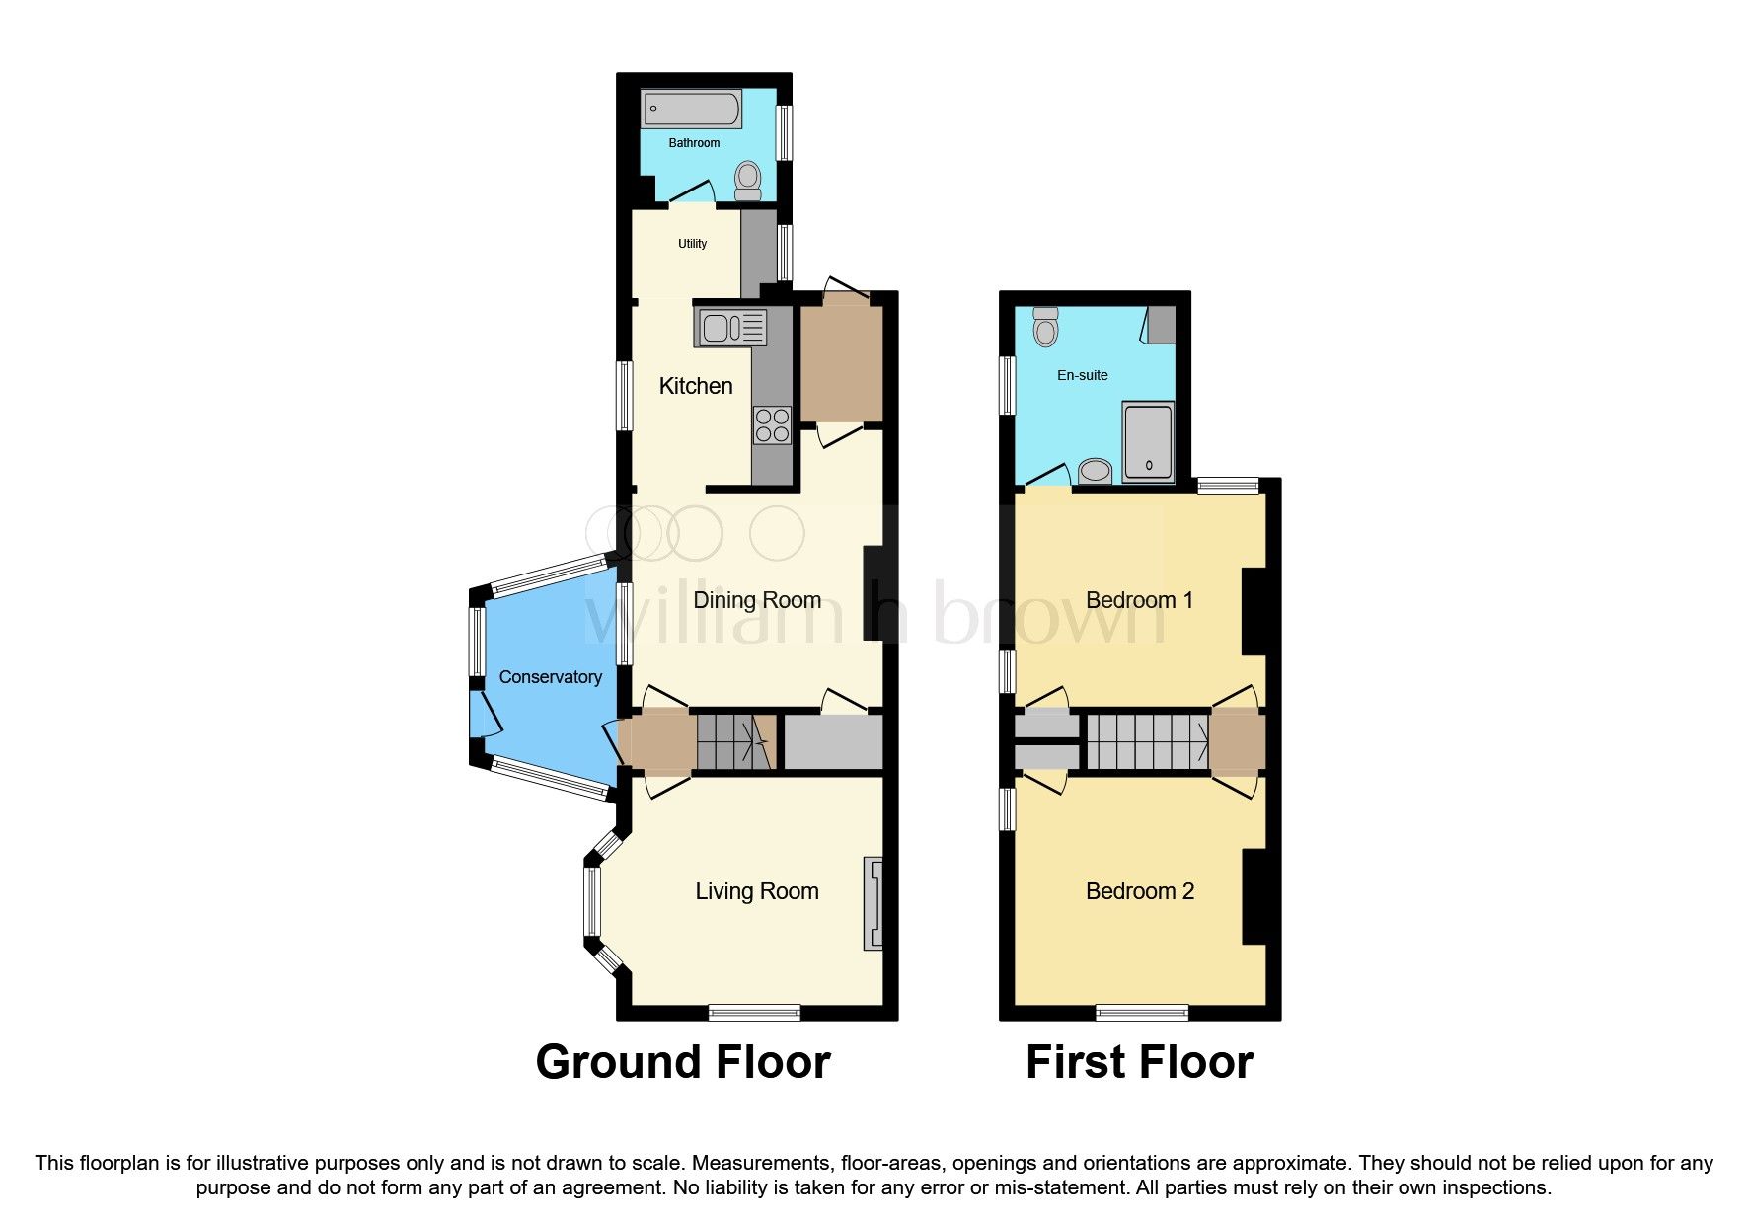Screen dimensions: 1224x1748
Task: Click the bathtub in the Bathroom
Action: [691, 110]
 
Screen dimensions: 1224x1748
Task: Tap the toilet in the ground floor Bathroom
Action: [748, 181]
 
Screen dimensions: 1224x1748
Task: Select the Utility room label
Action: [692, 244]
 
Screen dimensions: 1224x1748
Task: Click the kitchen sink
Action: [732, 327]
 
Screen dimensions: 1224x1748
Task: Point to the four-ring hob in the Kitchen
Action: [772, 424]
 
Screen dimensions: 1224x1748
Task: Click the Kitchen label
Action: [696, 386]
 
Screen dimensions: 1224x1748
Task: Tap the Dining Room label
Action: [757, 600]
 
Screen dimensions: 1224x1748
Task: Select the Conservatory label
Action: [550, 677]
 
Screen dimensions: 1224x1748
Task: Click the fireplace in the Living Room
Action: [874, 903]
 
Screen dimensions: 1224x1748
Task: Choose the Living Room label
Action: [757, 891]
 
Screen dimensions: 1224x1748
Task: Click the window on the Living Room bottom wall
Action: [754, 1012]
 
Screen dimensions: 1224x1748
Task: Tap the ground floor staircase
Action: [734, 742]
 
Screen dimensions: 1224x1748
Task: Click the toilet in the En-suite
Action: [1045, 326]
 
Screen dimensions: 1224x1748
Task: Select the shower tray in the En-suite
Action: [1148, 441]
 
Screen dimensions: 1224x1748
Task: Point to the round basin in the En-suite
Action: [1095, 471]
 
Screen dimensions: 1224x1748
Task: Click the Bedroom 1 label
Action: [1139, 600]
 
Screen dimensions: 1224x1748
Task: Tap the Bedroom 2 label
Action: [1139, 891]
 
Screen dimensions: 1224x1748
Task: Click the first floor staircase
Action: [1148, 742]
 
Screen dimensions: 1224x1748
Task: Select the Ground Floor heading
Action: [683, 1062]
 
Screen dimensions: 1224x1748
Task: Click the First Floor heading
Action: [1139, 1062]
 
